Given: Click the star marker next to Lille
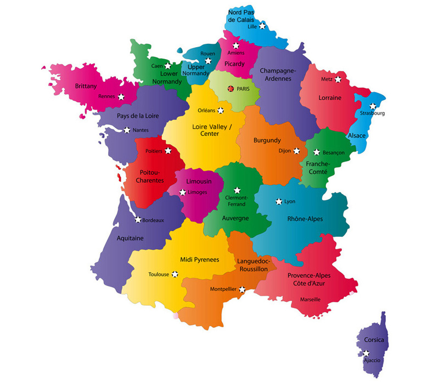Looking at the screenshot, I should click(263, 26).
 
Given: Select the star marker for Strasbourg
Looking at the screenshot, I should click(373, 106).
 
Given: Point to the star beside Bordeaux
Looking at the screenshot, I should click(138, 220).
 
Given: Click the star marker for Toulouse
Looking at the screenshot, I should click(175, 273).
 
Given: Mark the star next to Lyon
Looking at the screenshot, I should click(279, 202).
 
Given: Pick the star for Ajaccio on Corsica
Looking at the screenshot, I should click(366, 353).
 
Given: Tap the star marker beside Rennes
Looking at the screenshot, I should click(121, 96).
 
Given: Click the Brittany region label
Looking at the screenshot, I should click(86, 86).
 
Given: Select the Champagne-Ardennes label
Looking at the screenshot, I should click(278, 74).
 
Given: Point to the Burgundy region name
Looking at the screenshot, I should click(267, 140).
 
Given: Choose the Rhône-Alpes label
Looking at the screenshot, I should click(305, 219).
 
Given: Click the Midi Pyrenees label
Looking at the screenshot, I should click(200, 259).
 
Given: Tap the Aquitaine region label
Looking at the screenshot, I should click(130, 238).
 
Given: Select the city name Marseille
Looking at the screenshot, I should click(310, 299).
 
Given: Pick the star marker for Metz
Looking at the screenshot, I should click(338, 79).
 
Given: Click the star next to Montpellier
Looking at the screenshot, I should click(242, 289).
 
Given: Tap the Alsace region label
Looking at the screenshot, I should click(357, 135).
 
